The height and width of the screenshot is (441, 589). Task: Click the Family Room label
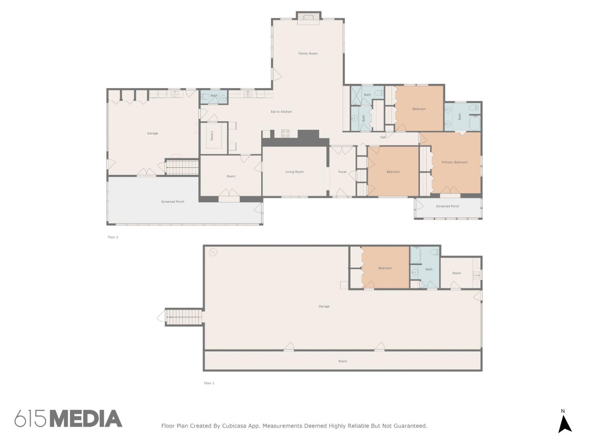[x=307, y=54]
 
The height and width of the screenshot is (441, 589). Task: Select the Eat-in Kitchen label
[x=281, y=112]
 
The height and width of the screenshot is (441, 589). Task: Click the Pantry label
[x=212, y=136]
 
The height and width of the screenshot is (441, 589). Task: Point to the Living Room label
[x=294, y=172]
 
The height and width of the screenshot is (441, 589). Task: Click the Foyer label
[x=342, y=172]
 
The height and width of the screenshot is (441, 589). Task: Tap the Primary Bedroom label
[x=454, y=162]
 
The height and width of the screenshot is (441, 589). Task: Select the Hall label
[x=382, y=137]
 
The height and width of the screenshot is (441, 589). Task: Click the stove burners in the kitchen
[x=285, y=133]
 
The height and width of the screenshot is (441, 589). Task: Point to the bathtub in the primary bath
[x=475, y=123]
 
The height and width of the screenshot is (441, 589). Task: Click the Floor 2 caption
[x=113, y=237]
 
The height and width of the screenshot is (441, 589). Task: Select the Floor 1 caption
[x=209, y=383]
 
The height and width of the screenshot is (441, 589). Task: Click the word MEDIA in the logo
[x=86, y=418]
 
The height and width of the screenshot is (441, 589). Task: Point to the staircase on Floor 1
[x=184, y=317]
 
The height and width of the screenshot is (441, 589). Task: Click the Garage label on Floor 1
[x=324, y=306]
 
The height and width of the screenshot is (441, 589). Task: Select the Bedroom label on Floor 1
[x=385, y=268]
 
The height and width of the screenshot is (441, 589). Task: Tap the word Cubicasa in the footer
[x=234, y=426]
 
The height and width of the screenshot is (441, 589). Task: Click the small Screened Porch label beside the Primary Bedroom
[x=447, y=206]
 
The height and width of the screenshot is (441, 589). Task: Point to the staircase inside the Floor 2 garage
[x=182, y=168]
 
